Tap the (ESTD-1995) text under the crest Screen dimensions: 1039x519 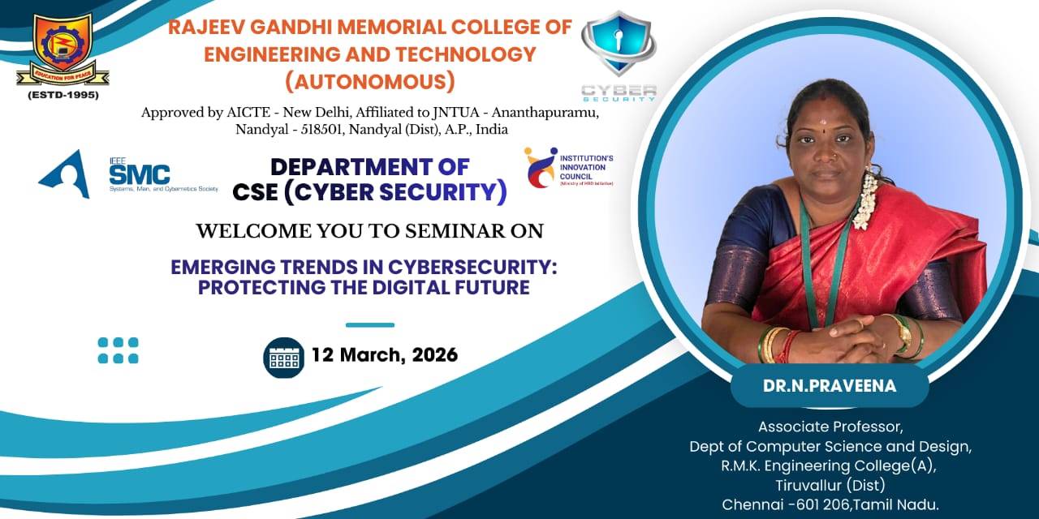[63, 95]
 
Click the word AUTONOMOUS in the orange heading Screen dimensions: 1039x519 [370, 82]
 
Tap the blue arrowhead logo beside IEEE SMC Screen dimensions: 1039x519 [64, 174]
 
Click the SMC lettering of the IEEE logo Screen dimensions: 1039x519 [140, 175]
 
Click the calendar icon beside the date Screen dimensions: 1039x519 [284, 358]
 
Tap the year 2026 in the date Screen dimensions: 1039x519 [434, 355]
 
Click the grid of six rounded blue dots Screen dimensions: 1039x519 [118, 350]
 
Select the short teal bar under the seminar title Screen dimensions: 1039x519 [370, 325]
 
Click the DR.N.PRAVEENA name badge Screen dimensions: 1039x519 [830, 385]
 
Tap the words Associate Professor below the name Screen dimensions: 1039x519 [830, 427]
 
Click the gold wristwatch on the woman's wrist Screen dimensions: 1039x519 [903, 332]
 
